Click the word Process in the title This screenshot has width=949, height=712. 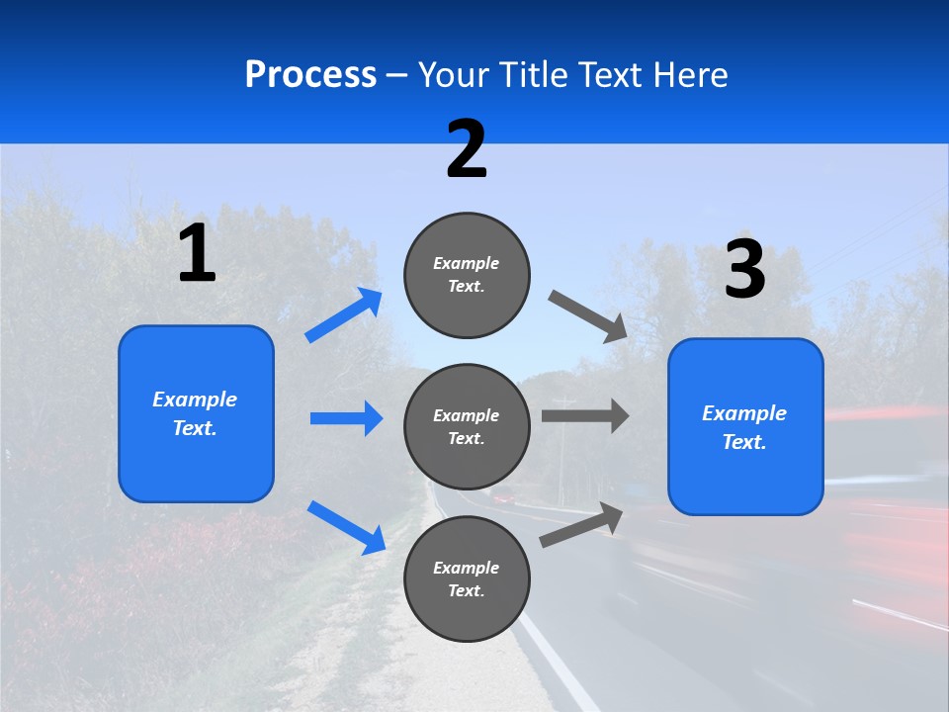[x=310, y=75]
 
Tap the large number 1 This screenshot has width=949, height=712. [x=197, y=254]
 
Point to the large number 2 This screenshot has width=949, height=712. [x=467, y=149]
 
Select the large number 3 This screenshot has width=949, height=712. [x=744, y=270]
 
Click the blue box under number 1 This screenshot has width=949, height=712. [x=196, y=413]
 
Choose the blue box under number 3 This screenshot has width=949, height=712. [x=745, y=426]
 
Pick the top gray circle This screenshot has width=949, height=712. [x=467, y=275]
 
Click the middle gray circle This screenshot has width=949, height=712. [x=467, y=426]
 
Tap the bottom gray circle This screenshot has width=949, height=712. [x=467, y=578]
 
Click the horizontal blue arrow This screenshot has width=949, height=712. [x=346, y=418]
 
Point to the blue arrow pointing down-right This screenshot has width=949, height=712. [x=346, y=526]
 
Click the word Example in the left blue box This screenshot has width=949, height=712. [x=195, y=400]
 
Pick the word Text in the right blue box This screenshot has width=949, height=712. [x=743, y=442]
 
